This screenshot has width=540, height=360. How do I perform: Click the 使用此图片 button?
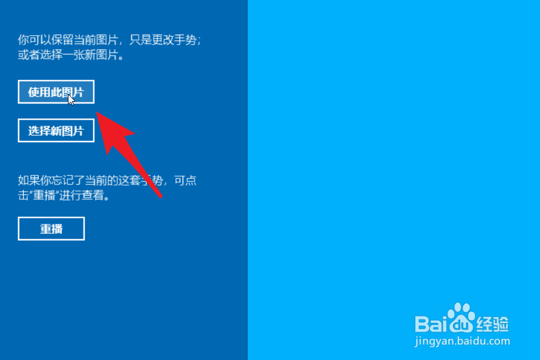56,92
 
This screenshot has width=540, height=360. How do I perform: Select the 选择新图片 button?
56,130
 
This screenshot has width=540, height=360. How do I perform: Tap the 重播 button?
51,228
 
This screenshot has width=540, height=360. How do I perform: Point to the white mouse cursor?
71,100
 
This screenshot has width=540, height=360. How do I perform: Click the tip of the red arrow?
96,112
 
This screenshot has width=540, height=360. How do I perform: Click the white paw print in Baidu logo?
461,318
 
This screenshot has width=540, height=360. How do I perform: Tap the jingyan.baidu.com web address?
462,342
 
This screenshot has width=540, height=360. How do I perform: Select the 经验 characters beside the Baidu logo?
493,324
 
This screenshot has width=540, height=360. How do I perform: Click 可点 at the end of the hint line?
185,180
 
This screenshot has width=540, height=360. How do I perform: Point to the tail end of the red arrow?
161,197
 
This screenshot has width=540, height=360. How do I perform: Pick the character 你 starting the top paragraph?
23,40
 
